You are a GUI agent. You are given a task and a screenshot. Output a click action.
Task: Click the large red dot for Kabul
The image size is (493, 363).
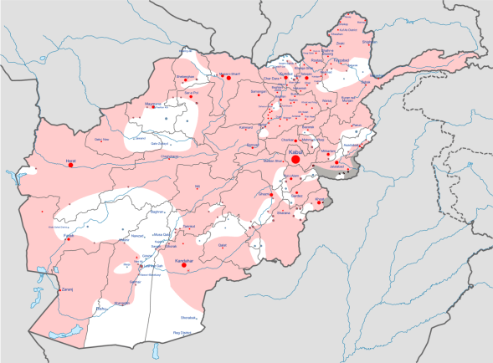click(295, 159)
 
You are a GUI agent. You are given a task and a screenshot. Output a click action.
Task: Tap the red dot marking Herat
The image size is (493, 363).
click(71, 165)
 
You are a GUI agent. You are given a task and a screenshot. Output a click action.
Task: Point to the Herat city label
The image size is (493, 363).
click(71, 158)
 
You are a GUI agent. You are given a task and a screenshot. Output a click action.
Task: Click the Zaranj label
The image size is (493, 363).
click(66, 289)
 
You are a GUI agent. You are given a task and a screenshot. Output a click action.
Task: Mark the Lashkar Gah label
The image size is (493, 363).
click(150, 266)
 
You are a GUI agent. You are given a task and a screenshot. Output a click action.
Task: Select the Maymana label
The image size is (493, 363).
click(152, 104)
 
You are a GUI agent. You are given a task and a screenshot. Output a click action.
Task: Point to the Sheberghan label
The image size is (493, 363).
click(186, 79)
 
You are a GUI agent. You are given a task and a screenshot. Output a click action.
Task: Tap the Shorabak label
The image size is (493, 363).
click(188, 318)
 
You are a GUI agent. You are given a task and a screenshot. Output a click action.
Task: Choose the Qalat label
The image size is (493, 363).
click(222, 245)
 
